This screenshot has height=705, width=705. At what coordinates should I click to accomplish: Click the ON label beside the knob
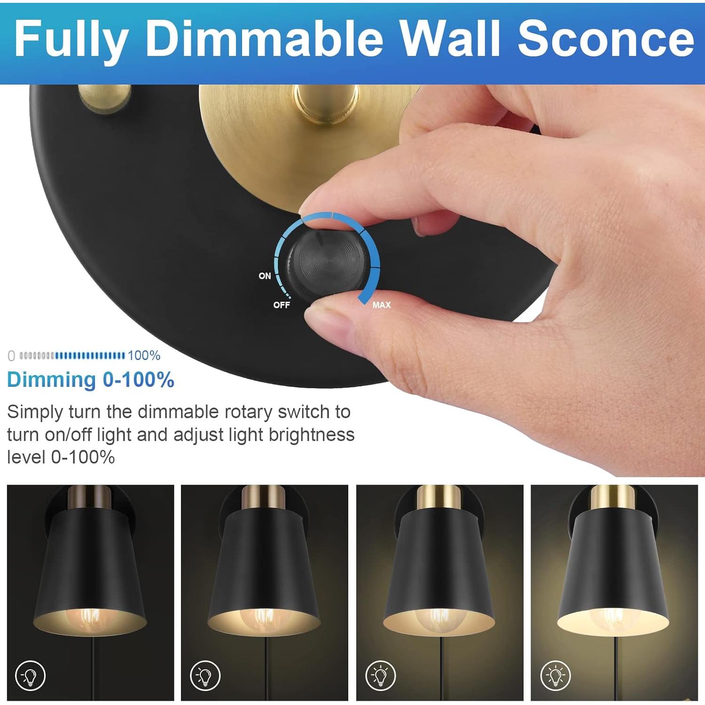point(265,276)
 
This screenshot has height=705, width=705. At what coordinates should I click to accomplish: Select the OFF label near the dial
point(282,305)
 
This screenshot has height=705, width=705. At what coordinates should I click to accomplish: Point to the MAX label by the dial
point(381,305)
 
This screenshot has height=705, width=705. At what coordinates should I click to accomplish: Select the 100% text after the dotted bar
point(144,355)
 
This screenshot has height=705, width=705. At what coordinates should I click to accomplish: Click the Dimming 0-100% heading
point(90,380)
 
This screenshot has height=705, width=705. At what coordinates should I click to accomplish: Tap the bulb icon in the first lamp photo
point(31,676)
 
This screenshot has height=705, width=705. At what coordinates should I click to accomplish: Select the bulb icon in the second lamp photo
point(205,676)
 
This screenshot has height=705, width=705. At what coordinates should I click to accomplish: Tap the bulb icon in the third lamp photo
point(380,676)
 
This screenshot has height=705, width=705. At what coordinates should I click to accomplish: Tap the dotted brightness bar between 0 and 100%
point(72,356)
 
